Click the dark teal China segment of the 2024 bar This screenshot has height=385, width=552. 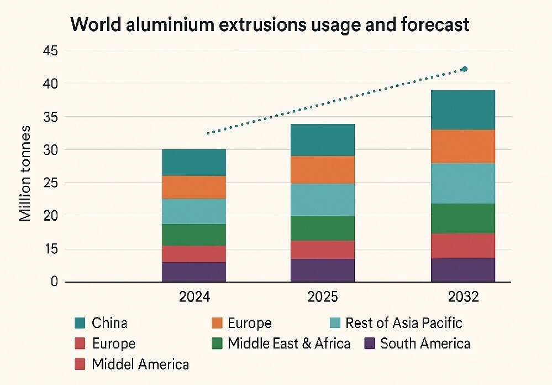tap(194, 163)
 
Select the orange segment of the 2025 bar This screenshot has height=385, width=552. tap(323, 170)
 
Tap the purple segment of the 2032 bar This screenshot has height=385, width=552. tap(463, 270)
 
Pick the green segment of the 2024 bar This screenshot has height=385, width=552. tap(194, 235)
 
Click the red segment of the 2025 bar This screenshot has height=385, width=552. tap(323, 249)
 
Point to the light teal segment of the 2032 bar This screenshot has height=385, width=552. tap(463, 183)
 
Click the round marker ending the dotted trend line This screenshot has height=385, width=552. tap(465, 69)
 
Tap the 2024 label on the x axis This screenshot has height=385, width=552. tap(194, 297)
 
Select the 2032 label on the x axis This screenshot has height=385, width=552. tap(464, 297)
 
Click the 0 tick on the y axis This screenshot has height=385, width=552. tap(53, 282)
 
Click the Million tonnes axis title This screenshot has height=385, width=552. tap(25, 174)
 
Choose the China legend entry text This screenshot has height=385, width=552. tap(109, 323)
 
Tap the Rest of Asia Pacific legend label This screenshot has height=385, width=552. tap(403, 323)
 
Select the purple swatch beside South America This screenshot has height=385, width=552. tap(370, 344)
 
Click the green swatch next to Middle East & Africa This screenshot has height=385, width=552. tap(217, 344)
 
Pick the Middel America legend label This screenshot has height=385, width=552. tap(140, 364)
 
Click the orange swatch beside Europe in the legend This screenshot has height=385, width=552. tap(217, 323)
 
